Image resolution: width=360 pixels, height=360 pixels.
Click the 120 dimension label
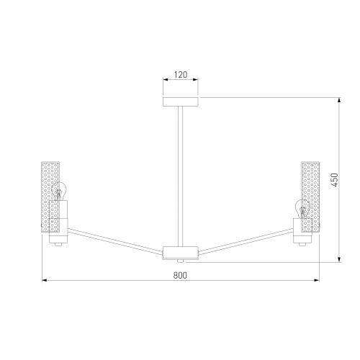(181, 75)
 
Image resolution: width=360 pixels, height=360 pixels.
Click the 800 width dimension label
(180, 275)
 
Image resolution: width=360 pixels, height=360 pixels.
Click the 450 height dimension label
(334, 180)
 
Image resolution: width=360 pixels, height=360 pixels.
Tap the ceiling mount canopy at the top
(181, 102)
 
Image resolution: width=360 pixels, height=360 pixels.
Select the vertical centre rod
(180, 176)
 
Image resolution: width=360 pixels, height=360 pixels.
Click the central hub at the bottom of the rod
(181, 253)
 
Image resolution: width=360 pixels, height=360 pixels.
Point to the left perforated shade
(50, 197)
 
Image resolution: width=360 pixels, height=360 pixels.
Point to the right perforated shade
(310, 197)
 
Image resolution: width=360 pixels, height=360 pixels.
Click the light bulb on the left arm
(59, 191)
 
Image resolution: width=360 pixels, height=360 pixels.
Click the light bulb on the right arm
(302, 209)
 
